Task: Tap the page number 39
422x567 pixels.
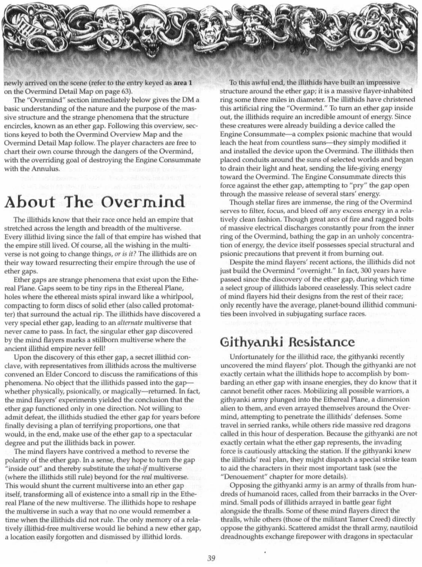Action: pos(211,553)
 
